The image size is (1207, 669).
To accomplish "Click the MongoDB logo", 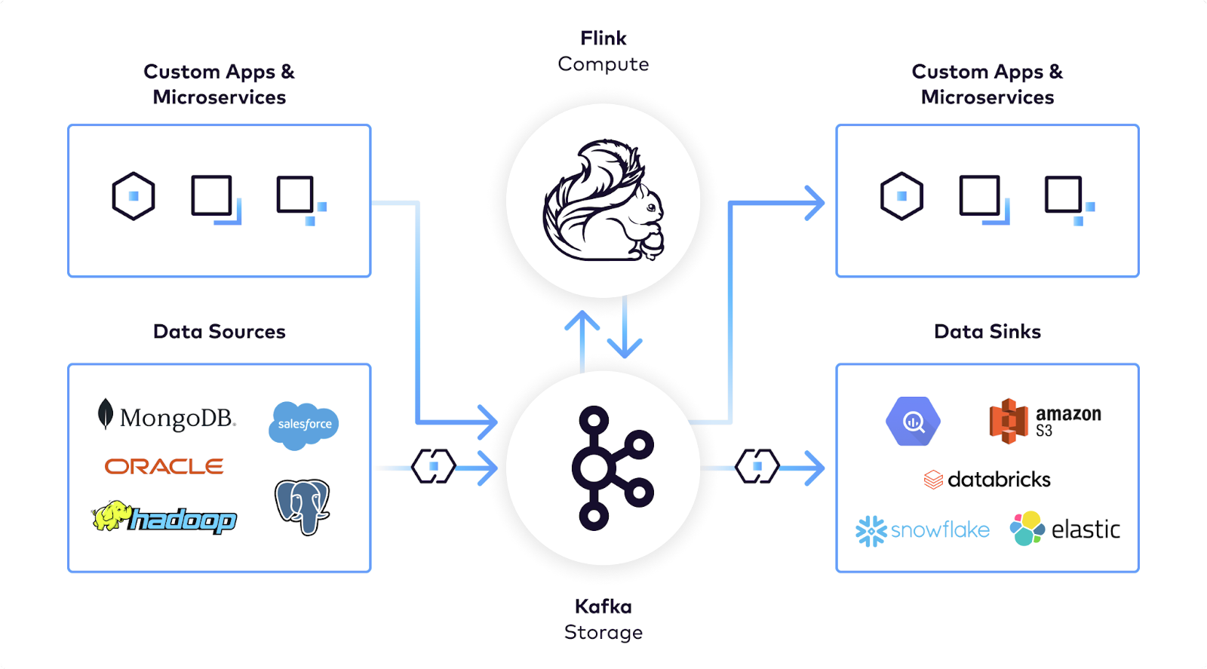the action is tap(167, 416).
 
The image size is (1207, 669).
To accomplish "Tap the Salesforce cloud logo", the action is tap(304, 425).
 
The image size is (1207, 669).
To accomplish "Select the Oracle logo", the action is tap(164, 466).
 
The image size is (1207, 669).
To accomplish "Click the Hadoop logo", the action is tap(164, 517).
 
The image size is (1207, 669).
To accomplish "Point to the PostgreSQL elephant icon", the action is tap(303, 507).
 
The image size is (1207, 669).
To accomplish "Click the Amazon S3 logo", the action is tap(1046, 421).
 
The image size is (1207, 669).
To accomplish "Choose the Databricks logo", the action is tap(987, 480).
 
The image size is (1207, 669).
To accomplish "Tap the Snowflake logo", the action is tap(923, 530).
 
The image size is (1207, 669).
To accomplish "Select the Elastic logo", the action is tap(1064, 529).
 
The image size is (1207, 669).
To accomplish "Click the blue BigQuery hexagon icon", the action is tap(914, 421).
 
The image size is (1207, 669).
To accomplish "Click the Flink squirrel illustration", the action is tap(603, 201).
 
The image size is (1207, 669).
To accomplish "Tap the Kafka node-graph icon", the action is tap(613, 468).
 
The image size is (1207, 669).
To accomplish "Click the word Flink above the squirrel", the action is tap(603, 38).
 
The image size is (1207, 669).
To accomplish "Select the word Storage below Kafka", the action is tap(603, 632).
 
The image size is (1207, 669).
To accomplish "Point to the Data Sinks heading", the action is tap(987, 331).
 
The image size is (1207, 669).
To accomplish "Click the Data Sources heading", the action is tap(220, 331).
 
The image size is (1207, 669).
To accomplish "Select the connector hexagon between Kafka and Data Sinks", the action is tap(757, 466).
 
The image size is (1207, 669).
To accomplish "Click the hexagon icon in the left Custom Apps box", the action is tap(134, 196).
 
